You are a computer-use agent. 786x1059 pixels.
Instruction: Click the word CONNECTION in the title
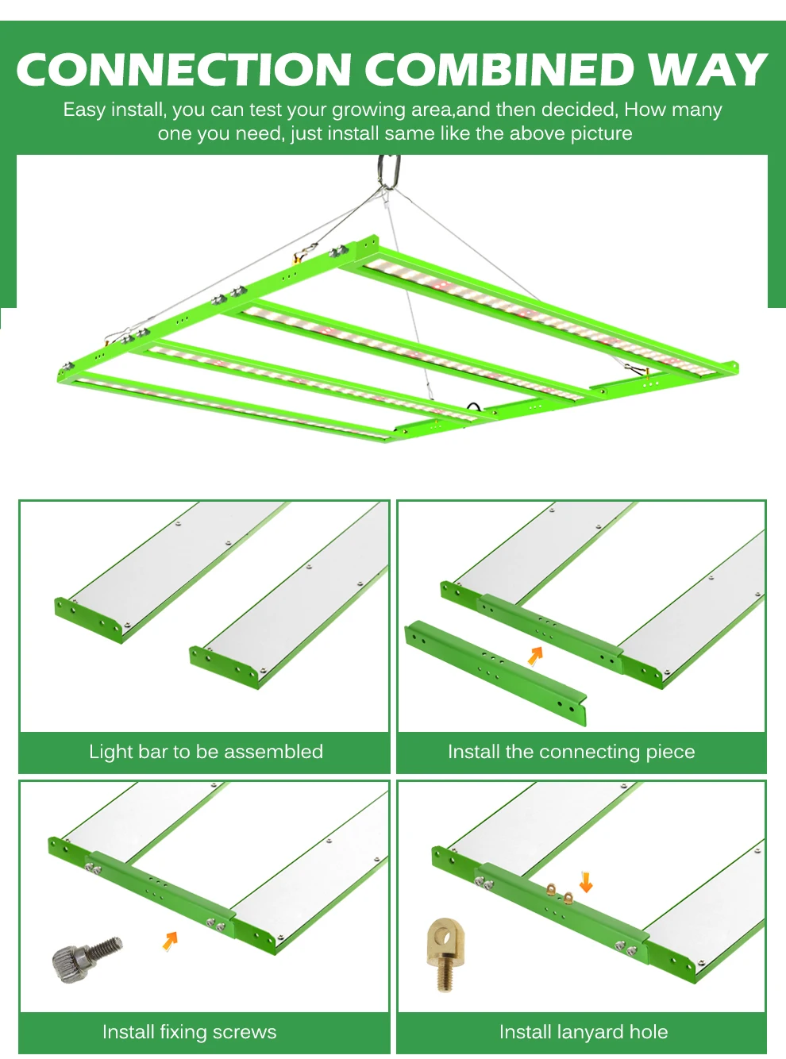click(184, 69)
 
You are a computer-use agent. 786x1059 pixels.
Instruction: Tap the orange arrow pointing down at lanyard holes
click(586, 881)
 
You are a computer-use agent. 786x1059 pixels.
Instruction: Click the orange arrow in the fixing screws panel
click(170, 940)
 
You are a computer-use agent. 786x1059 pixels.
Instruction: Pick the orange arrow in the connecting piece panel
click(536, 656)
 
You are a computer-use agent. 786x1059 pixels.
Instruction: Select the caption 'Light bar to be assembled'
click(206, 752)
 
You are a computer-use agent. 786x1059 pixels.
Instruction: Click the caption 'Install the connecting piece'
click(571, 752)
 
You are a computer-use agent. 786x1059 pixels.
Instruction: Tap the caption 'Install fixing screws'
click(189, 1032)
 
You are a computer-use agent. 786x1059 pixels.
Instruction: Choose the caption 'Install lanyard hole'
click(584, 1032)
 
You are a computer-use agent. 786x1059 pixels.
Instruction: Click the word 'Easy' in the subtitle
click(84, 110)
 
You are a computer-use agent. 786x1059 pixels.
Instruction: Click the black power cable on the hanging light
click(475, 406)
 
